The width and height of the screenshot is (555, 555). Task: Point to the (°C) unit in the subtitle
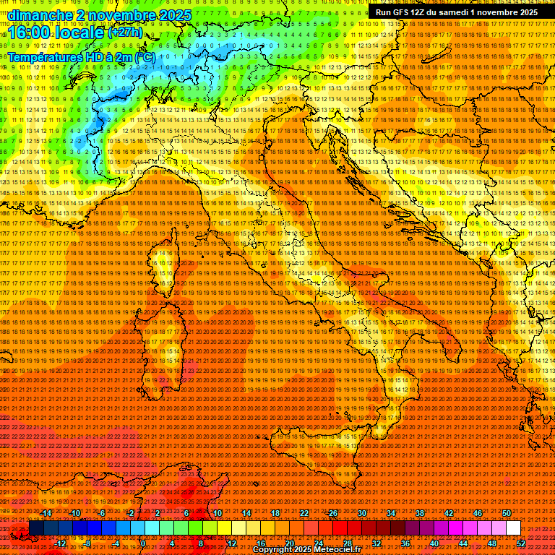tap(144, 56)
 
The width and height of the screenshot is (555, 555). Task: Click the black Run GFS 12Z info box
tap(456, 12)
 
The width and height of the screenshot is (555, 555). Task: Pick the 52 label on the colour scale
tap(521, 543)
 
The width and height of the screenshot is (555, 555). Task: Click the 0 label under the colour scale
tap(143, 543)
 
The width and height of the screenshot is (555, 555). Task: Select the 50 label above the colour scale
tap(507, 512)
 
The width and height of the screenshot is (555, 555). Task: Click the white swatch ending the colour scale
tap(513, 528)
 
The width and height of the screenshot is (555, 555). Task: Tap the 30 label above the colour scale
tap(362, 512)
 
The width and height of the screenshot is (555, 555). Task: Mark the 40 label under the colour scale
tap(434, 543)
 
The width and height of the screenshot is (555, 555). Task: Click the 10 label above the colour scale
tap(217, 512)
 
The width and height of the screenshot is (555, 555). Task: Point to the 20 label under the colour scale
tap(289, 543)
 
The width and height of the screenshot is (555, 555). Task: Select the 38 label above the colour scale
tap(420, 512)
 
